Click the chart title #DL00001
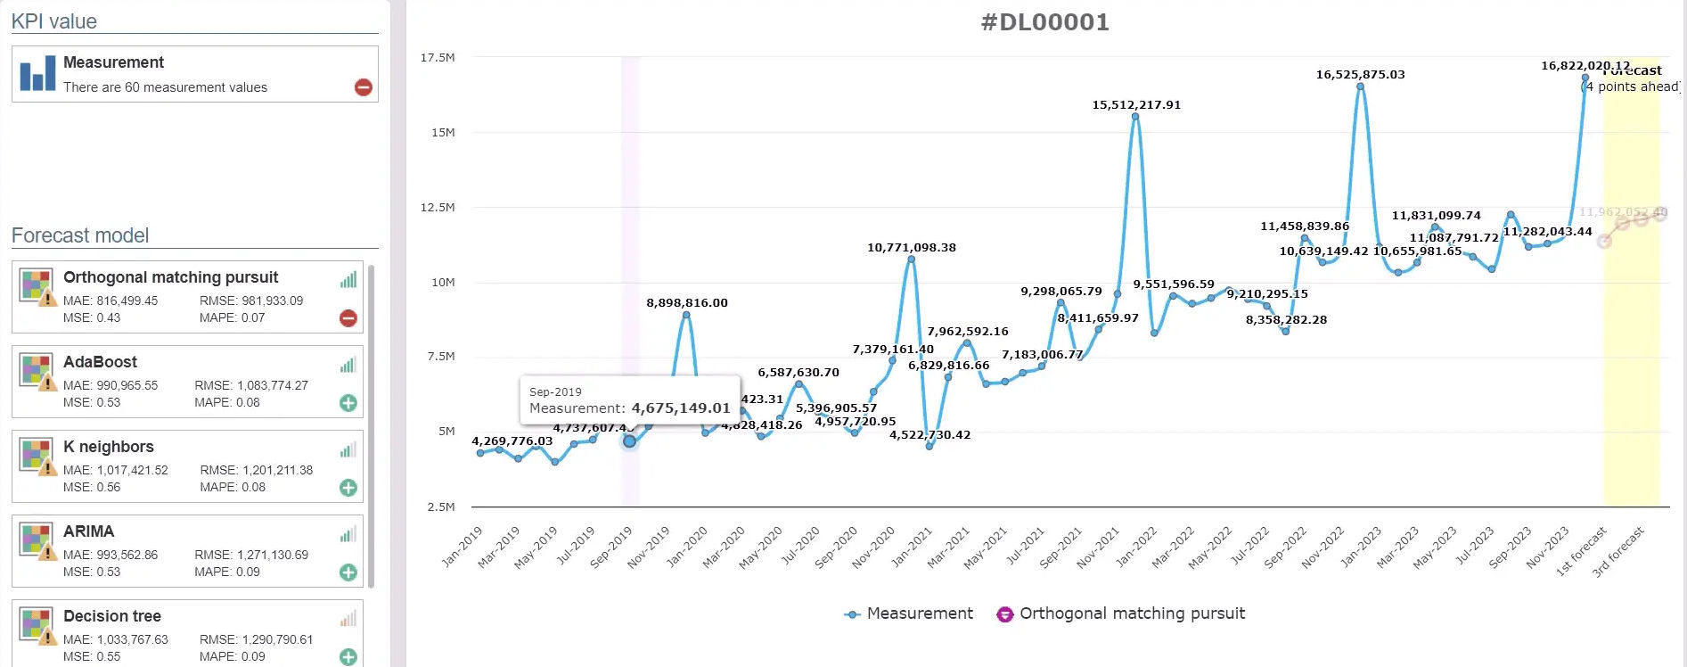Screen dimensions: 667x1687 [1044, 22]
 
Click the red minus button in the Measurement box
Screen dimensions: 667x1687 [364, 87]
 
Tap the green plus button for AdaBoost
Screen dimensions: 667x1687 [348, 403]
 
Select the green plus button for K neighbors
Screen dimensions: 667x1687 [348, 488]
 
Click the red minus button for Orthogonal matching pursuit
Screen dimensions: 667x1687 [348, 318]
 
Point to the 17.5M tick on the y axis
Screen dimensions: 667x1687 [438, 58]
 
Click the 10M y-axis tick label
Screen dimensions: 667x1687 [443, 283]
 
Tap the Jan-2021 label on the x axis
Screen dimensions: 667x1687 [912, 547]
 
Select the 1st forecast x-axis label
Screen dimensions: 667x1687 [1581, 551]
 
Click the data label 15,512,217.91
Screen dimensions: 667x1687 [1136, 105]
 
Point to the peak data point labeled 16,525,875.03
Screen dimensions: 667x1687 [1360, 86]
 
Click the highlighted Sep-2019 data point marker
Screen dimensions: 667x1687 [629, 441]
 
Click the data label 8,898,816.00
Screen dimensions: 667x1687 [687, 303]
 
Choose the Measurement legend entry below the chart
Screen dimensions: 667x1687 [909, 613]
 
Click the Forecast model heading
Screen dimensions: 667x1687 [80, 236]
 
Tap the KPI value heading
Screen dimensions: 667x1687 [54, 21]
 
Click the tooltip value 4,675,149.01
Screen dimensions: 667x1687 [680, 408]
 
